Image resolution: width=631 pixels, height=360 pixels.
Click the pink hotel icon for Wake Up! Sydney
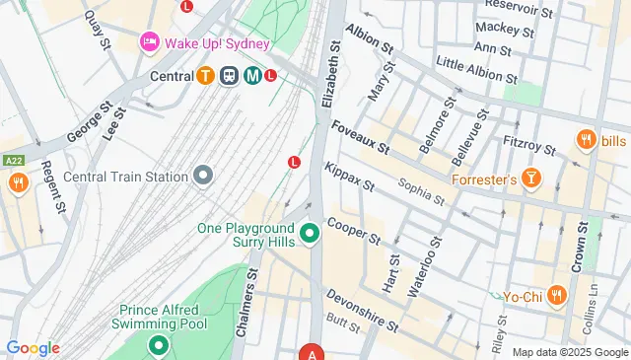149,40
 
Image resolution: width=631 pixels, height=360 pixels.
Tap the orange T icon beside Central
205,75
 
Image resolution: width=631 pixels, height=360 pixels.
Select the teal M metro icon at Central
252,75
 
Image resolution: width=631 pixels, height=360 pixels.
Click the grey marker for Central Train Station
203,176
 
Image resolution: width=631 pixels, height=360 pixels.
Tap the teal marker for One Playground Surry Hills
310,234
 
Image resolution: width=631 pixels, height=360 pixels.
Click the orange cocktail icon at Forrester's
532,178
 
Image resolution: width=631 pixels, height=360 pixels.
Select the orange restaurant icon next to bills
587,140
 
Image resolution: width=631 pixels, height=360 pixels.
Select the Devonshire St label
363,309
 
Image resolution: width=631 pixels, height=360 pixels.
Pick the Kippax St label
349,177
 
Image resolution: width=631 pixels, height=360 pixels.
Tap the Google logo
33,348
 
